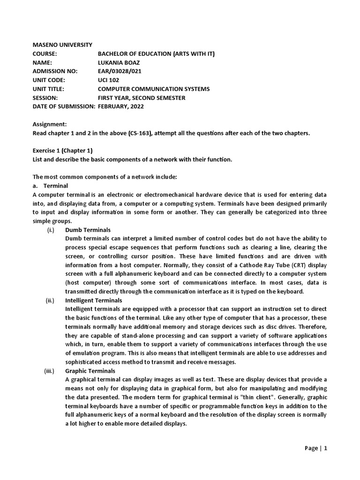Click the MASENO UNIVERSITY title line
point(62,45)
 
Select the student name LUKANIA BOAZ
point(119,62)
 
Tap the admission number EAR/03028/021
point(119,71)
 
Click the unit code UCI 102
point(108,80)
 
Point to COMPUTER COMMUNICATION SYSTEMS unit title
point(153,89)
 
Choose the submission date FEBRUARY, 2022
point(120,106)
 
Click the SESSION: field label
point(45,98)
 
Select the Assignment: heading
point(50,124)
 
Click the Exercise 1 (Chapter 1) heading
point(62,150)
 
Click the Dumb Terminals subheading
point(88,230)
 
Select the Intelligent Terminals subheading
point(93,300)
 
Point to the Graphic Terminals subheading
point(90,371)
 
